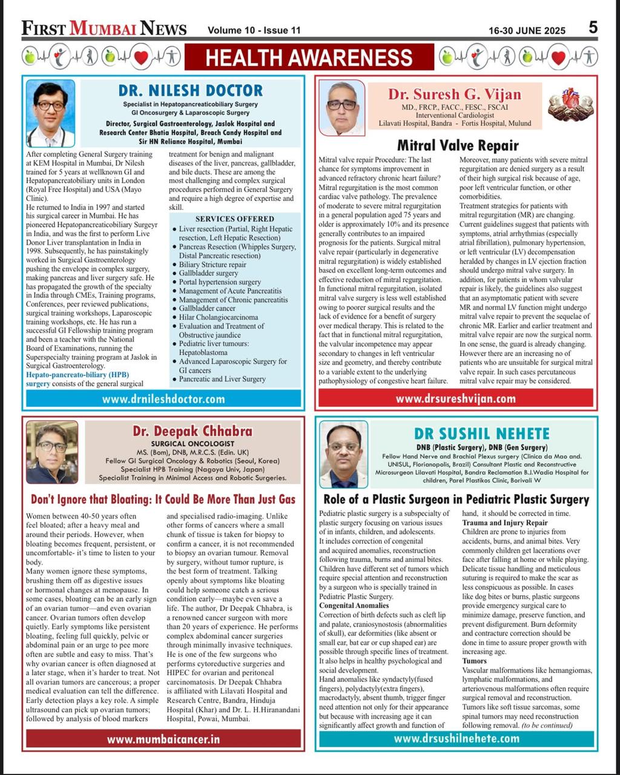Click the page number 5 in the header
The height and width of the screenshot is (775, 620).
coord(593,27)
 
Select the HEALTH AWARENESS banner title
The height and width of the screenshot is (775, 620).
coord(309,58)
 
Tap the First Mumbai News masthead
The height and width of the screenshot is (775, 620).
coord(104,28)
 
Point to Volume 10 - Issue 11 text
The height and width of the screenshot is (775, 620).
coord(254,30)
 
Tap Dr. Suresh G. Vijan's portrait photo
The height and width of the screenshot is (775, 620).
coord(341,108)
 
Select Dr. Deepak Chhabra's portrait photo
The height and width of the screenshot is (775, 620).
coord(51,452)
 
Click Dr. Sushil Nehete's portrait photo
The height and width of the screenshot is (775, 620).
coord(343,454)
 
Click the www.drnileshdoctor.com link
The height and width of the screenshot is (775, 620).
coord(163,399)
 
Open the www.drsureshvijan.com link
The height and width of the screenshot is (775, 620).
coord(455,398)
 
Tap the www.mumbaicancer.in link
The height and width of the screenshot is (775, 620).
coord(163,739)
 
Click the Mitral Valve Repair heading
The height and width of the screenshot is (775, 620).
coord(458,145)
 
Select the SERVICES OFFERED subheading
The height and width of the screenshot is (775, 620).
coord(234,219)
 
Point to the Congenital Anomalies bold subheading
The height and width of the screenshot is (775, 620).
coord(354,605)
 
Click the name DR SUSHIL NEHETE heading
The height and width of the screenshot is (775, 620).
coord(482,434)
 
